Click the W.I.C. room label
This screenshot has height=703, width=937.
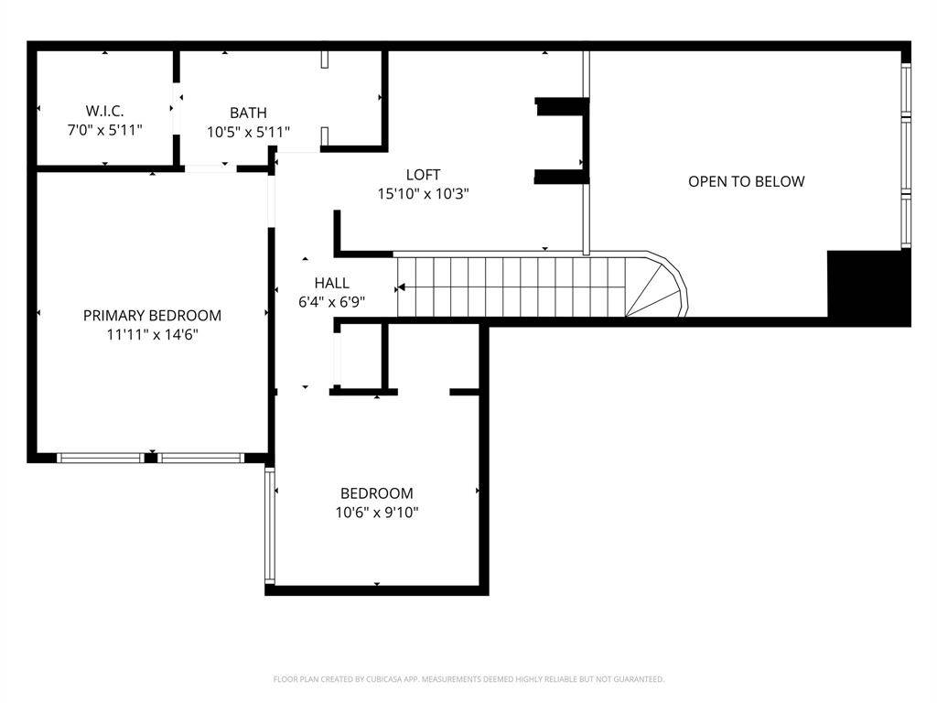click(x=104, y=111)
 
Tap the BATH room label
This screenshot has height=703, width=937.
click(x=248, y=113)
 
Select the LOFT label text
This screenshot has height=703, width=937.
click(x=423, y=175)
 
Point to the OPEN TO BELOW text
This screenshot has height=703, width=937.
click(x=747, y=181)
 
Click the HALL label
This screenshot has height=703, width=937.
click(x=331, y=283)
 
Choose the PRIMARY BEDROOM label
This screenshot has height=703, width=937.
click(x=153, y=315)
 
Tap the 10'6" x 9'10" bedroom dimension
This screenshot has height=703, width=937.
click(x=376, y=513)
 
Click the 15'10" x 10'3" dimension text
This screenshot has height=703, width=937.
click(x=423, y=194)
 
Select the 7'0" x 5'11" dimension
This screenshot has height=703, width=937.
click(x=104, y=130)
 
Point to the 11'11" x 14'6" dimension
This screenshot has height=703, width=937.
click(x=153, y=334)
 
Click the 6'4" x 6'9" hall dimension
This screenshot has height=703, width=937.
click(x=331, y=302)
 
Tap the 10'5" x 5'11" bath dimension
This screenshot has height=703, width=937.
click(x=248, y=132)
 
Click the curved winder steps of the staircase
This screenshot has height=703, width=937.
click(x=657, y=286)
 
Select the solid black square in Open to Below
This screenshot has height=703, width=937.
click(x=869, y=287)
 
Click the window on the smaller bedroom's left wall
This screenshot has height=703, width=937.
click(x=270, y=525)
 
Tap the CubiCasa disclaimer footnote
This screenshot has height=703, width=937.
click(x=468, y=679)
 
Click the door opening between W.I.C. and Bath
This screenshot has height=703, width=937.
click(x=177, y=109)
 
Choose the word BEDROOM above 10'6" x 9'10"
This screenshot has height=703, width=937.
click(x=376, y=493)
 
